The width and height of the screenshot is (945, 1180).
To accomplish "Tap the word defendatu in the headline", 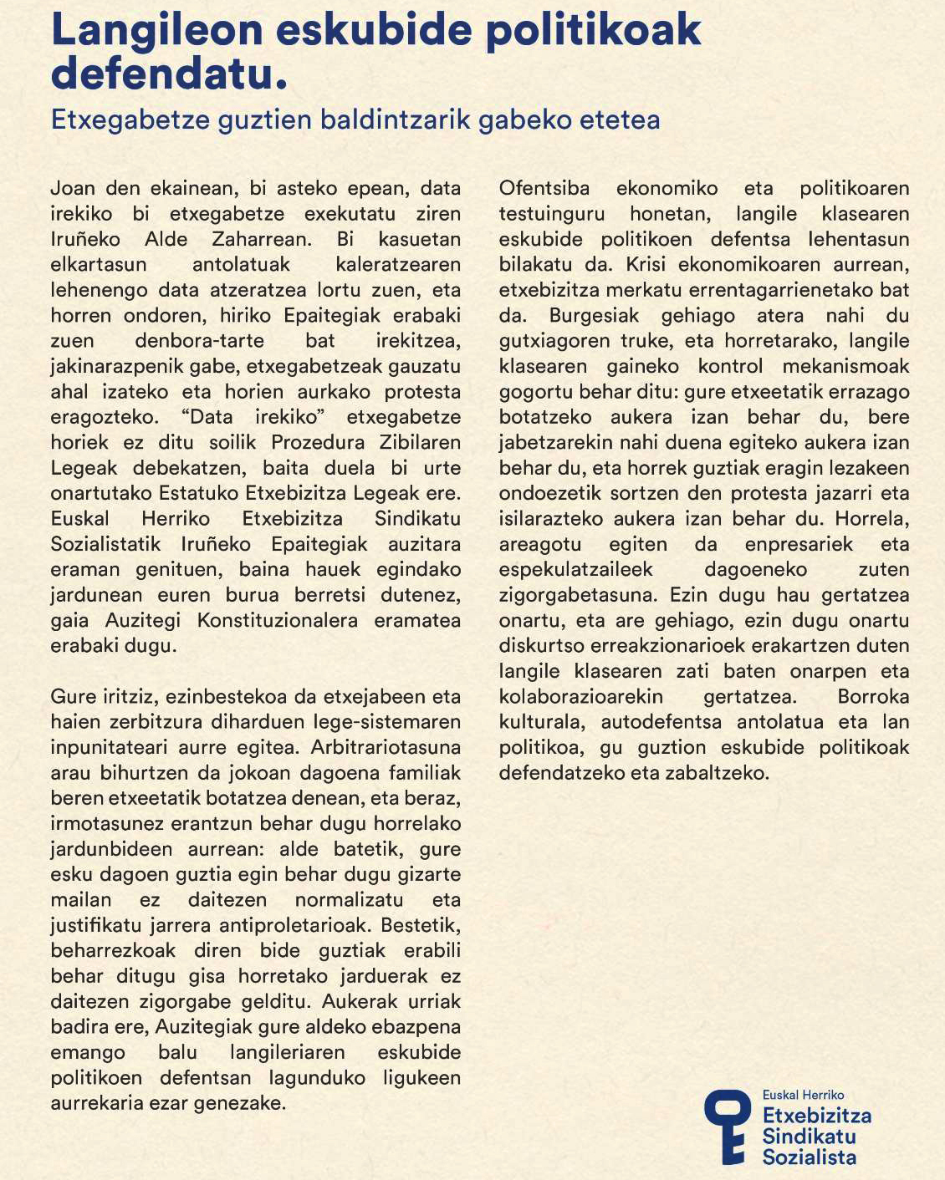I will [163, 74].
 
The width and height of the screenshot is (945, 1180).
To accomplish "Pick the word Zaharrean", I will [261, 239].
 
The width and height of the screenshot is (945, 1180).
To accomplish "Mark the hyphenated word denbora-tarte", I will [199, 341].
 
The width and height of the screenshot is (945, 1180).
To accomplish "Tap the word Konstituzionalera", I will [277, 620].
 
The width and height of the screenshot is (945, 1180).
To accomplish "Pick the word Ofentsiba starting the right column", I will [544, 188].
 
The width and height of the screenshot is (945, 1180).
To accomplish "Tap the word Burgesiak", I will [594, 315].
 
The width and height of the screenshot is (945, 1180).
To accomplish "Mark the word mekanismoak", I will [845, 366].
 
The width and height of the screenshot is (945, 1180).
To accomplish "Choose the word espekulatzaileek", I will [575, 569].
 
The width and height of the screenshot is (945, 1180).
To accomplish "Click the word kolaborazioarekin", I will [580, 696].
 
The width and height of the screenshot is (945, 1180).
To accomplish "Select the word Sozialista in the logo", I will [809, 1157].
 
